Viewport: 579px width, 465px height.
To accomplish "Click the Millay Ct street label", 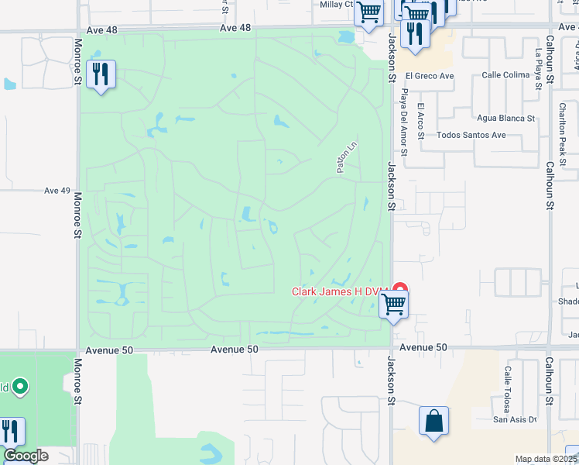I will [x=337, y=5].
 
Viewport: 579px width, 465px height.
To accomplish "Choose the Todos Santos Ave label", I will [x=471, y=135].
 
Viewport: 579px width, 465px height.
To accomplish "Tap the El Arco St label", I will [x=420, y=121].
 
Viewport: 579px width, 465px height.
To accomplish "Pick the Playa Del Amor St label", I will [x=403, y=116].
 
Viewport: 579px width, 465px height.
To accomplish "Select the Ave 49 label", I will [x=57, y=191].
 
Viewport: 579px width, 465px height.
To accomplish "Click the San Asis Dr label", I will [x=515, y=420].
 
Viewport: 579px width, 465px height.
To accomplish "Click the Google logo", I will [x=26, y=456].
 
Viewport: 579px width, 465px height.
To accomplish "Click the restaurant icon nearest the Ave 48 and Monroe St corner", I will [x=101, y=74].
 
